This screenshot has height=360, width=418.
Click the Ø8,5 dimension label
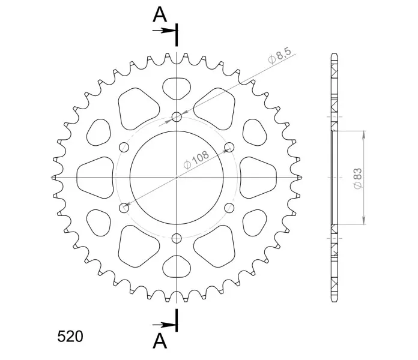tap(280, 56)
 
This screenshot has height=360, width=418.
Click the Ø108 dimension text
tap(196, 160)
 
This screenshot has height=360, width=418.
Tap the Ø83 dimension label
tap(358, 178)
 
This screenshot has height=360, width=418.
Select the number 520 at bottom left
tap(70, 337)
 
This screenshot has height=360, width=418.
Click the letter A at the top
tap(160, 14)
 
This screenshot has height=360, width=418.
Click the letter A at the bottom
tap(160, 341)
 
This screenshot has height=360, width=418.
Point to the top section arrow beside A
tap(164, 31)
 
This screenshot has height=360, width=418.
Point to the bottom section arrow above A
tap(164, 325)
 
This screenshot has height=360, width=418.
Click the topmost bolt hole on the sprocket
tap(177, 116)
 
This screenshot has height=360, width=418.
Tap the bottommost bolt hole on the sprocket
tap(177, 238)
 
